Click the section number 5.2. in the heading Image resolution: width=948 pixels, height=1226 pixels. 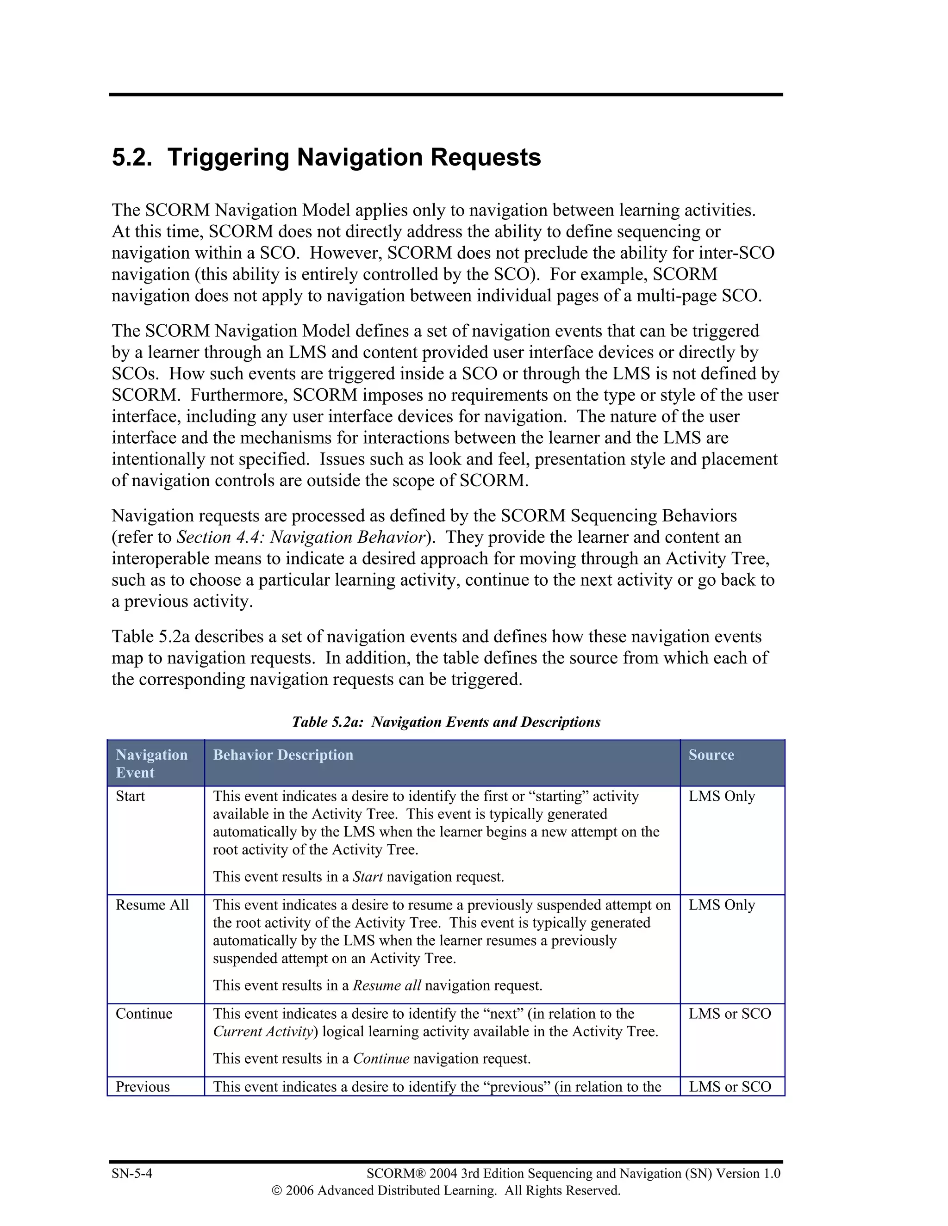point(131,157)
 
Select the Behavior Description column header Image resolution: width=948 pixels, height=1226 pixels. point(283,755)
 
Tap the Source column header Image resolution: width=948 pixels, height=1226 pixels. point(711,755)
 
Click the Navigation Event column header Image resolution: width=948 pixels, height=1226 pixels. point(152,763)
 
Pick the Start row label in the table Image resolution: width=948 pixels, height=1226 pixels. point(130,797)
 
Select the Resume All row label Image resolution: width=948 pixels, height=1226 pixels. point(152,905)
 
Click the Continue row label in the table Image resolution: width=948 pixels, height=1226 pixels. point(144,1014)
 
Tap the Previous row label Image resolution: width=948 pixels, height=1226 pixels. point(143,1087)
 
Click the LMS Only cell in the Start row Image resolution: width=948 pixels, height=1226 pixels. point(722,797)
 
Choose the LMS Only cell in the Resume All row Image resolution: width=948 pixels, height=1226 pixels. point(722,905)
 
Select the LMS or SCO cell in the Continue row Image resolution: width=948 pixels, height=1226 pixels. point(730,1014)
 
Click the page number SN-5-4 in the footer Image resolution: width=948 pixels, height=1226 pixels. point(132,1174)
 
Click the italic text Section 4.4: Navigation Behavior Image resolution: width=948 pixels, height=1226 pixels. point(301,537)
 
